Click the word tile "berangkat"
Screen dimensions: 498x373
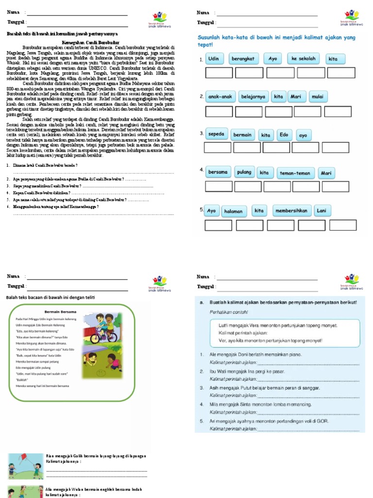tap(243, 59)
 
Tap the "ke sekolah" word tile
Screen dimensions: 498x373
tap(304, 59)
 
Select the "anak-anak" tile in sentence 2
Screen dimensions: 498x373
tap(220, 96)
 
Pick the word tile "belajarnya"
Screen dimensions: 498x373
tap(253, 96)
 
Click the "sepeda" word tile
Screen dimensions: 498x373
tap(216, 134)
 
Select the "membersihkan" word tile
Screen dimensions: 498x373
tap(291, 211)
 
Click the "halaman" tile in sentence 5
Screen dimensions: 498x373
tap(234, 211)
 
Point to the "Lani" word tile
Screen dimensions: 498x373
tap(321, 211)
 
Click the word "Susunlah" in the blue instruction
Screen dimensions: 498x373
tap(211, 37)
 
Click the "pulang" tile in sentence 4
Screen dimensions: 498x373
tap(243, 172)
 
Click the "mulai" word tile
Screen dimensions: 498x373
tap(317, 96)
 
